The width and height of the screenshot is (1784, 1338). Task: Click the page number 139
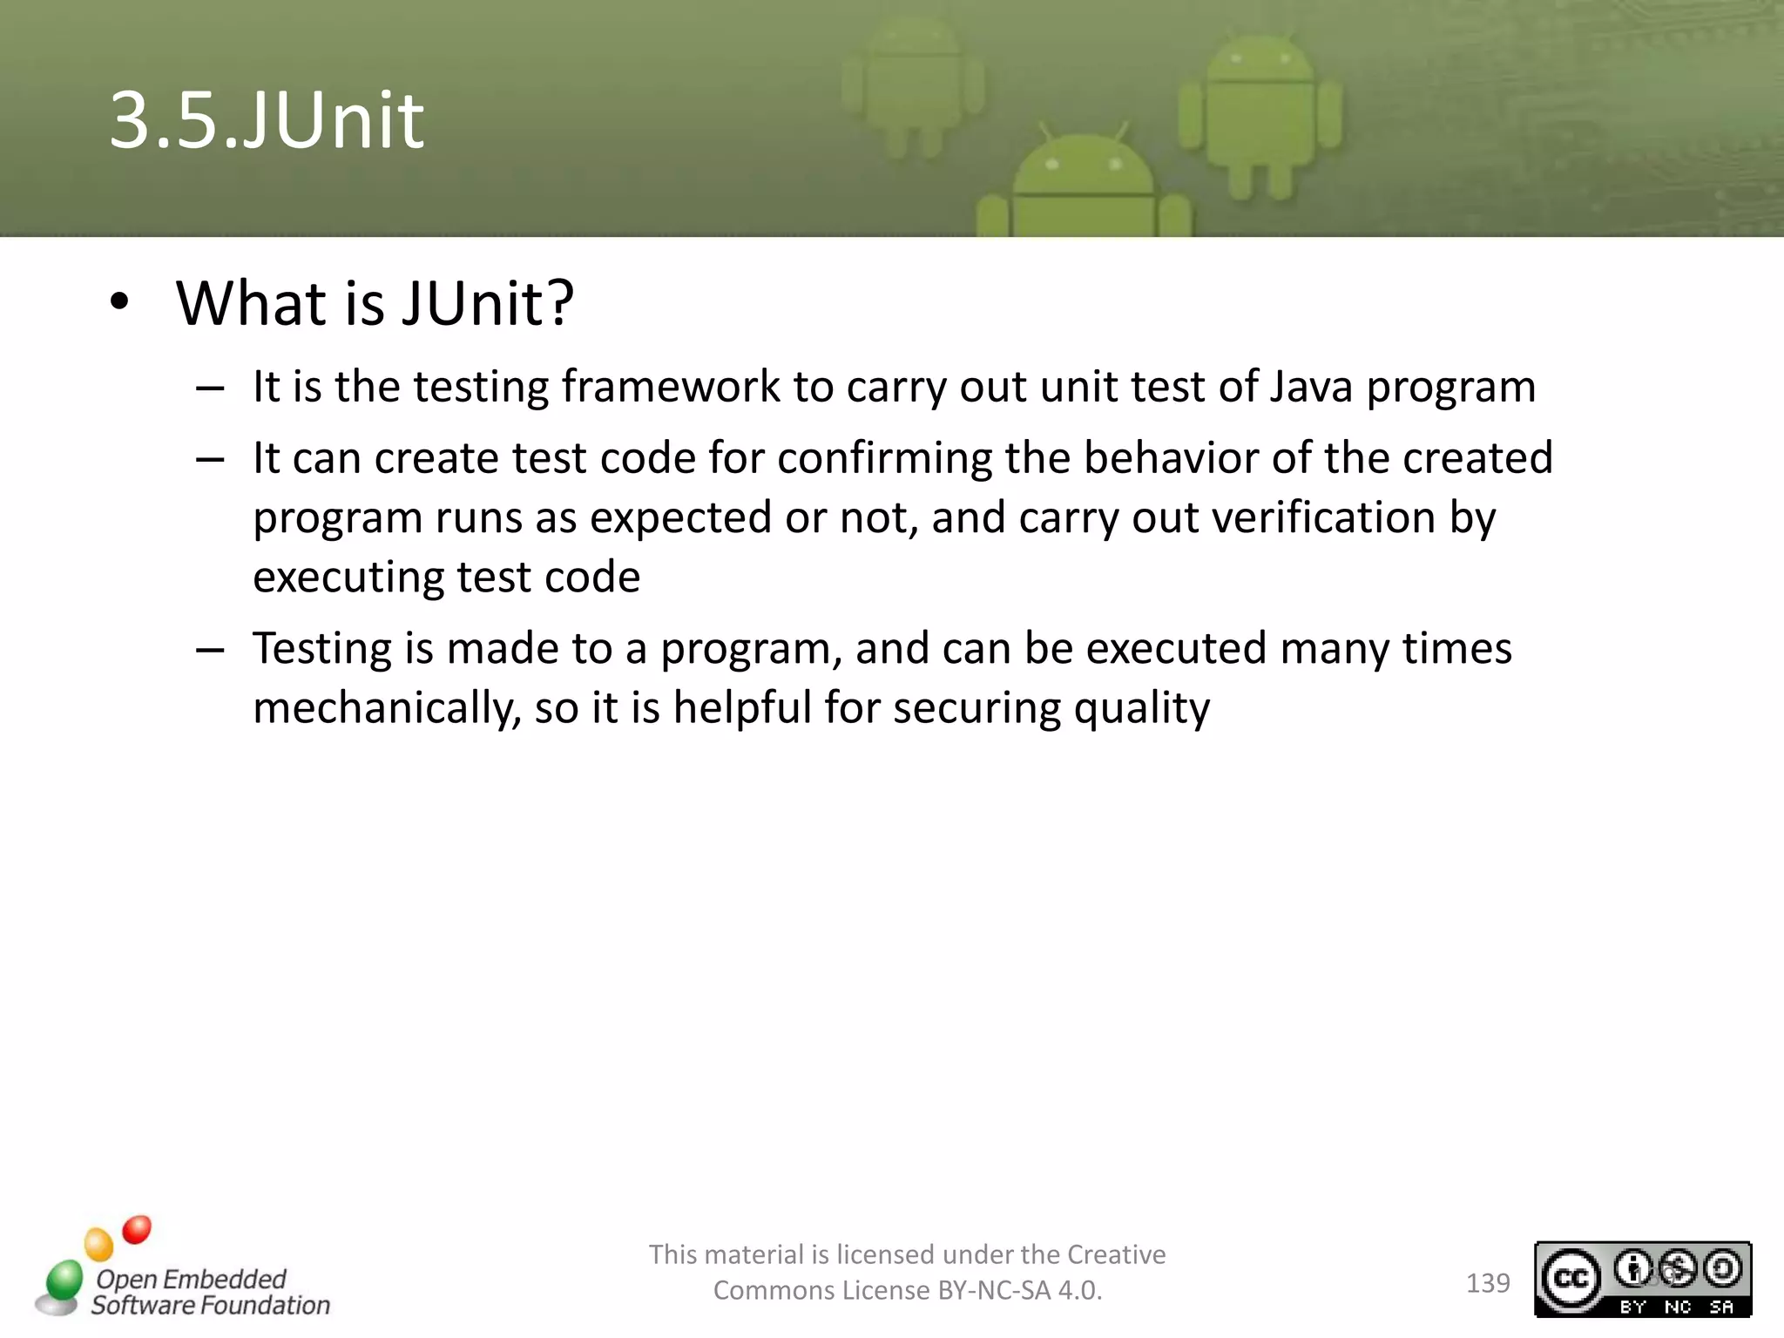[1488, 1283]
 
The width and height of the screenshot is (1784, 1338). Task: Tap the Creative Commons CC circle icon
[1571, 1279]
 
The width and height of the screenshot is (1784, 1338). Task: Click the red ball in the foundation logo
[137, 1229]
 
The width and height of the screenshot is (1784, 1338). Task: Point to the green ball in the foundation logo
[64, 1280]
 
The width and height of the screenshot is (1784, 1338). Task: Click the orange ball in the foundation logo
[99, 1244]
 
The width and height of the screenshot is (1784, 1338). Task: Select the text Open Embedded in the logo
[191, 1279]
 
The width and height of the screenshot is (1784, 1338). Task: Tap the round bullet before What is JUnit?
[120, 302]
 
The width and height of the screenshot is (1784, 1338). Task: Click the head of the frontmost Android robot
[1084, 170]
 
